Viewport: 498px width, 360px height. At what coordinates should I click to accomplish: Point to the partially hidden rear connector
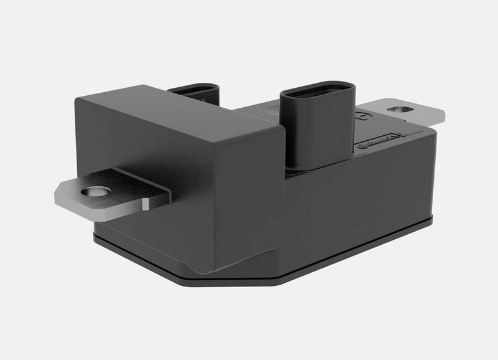pos(195,93)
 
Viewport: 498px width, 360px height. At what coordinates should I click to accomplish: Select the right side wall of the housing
pos(398,181)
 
